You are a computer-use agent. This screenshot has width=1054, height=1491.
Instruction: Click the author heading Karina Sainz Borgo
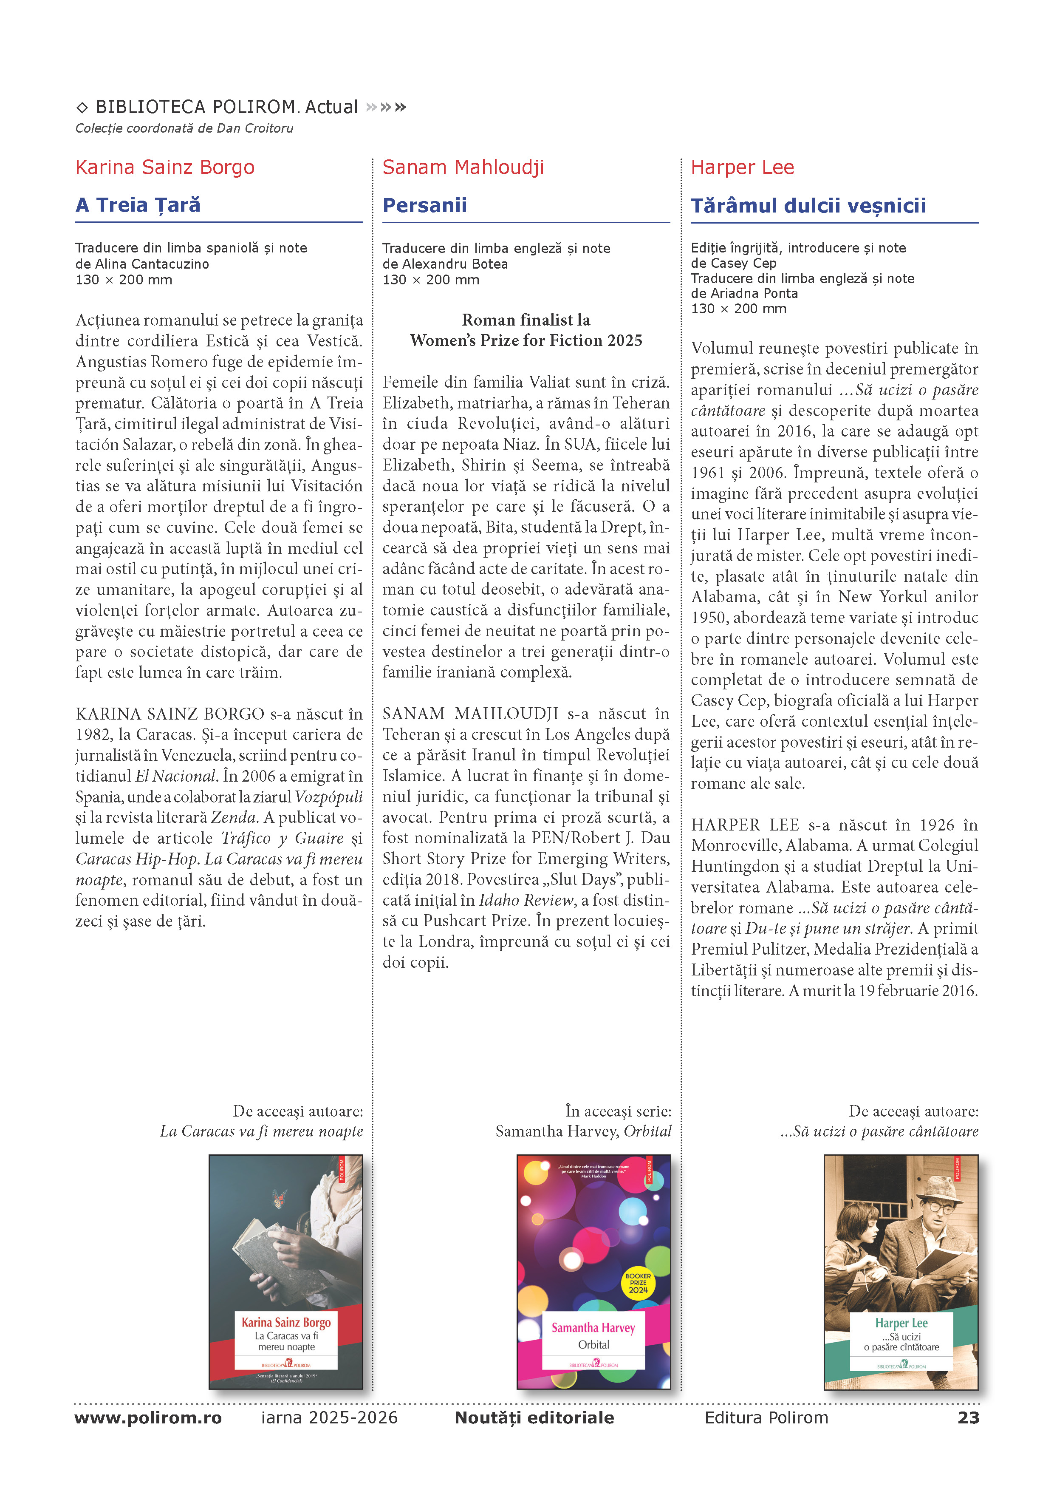[165, 167]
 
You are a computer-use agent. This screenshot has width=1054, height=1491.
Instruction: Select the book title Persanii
[424, 205]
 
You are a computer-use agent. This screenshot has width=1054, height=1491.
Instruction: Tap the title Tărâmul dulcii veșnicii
[808, 205]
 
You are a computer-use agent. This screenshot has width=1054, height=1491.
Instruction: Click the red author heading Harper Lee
[742, 167]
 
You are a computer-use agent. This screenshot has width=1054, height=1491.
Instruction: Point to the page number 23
[968, 1417]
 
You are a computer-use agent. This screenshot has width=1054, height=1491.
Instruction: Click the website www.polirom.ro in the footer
[148, 1417]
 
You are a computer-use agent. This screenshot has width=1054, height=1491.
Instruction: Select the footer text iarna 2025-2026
[330, 1417]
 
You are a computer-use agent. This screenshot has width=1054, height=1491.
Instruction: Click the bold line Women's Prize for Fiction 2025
[526, 340]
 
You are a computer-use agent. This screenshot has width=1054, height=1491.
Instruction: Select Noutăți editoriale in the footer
[534, 1417]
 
